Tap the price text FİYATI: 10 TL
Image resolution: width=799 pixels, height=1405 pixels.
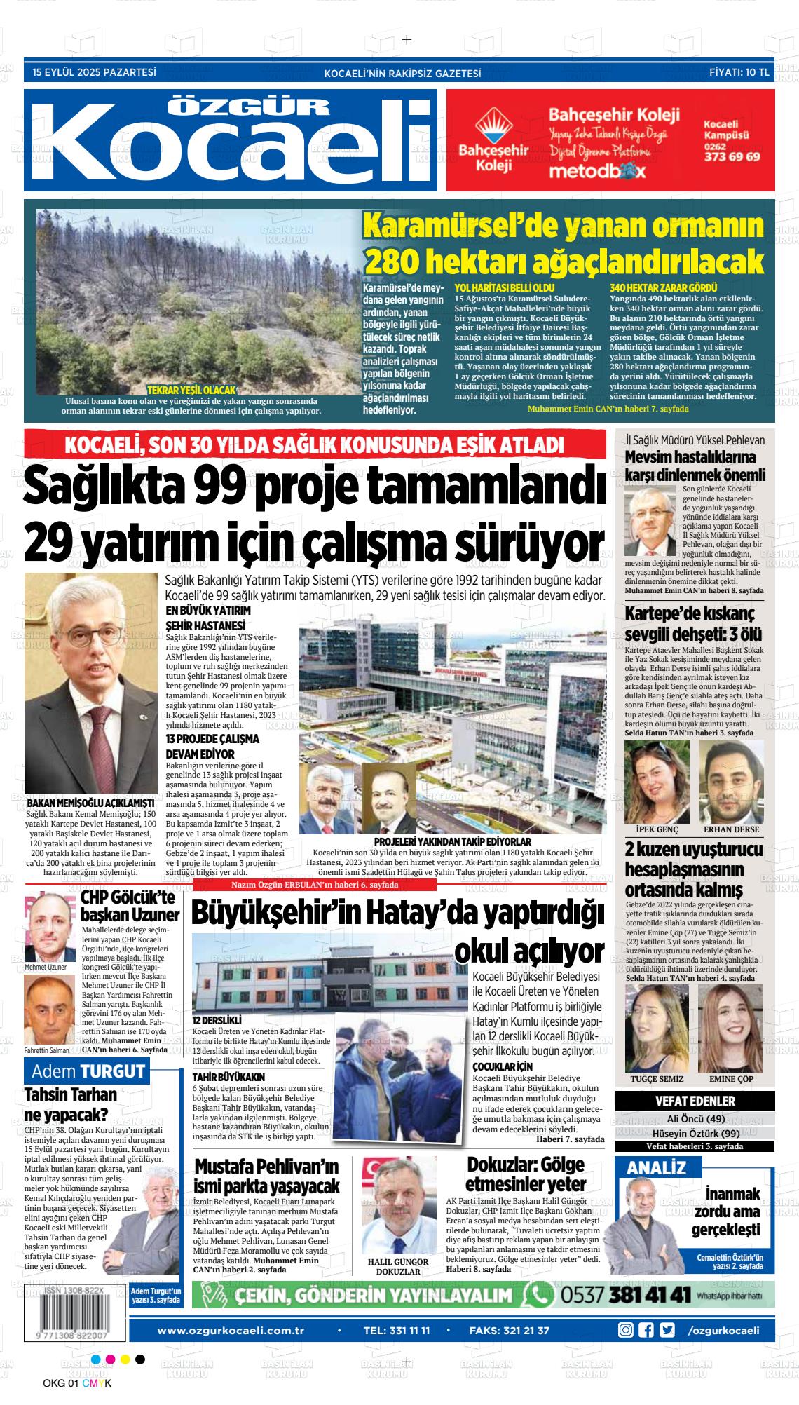[x=739, y=72]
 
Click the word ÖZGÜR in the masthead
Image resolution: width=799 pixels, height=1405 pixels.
[x=250, y=106]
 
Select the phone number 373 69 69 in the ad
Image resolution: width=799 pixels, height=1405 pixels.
[x=732, y=156]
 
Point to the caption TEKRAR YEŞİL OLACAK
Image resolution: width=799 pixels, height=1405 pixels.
[x=191, y=390]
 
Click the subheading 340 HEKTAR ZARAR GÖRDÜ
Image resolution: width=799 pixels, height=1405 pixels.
[x=663, y=287]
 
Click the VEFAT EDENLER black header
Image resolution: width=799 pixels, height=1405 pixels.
[x=695, y=1101]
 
